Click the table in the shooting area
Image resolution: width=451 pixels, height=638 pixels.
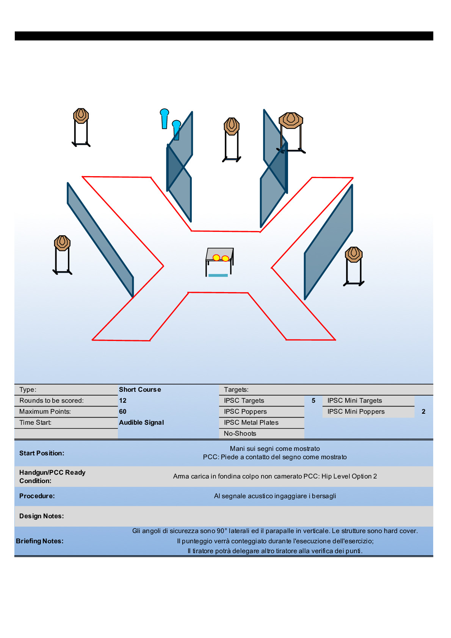[x=219, y=255]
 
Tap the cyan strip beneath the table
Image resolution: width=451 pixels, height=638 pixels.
[x=218, y=275]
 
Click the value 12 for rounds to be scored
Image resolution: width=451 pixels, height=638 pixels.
[x=123, y=400]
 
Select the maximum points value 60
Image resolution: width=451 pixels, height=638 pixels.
[x=123, y=411]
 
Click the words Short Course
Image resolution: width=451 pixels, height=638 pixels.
[x=140, y=389]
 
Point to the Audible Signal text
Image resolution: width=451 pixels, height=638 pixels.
[x=141, y=422]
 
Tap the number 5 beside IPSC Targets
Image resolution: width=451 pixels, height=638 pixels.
[x=313, y=400]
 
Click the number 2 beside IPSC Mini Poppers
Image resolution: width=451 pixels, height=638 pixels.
[x=423, y=411]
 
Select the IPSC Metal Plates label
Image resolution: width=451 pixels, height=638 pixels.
[x=251, y=422]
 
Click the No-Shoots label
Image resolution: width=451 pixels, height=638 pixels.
[x=240, y=433]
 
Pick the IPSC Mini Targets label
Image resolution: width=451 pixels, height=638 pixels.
[x=354, y=400]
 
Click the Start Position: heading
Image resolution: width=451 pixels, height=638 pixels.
[x=42, y=453]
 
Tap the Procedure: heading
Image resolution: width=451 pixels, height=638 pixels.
[x=37, y=496]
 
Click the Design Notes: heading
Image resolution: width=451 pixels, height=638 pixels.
[x=41, y=516]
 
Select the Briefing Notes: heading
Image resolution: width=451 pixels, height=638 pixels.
[x=39, y=541]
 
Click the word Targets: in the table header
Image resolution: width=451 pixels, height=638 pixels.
[x=236, y=389]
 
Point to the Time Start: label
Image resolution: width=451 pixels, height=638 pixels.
[x=35, y=422]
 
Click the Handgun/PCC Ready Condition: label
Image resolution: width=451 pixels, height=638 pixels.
[x=52, y=477]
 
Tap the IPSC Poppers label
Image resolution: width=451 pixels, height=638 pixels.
[x=245, y=411]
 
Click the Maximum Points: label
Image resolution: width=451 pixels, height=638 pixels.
[x=45, y=411]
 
